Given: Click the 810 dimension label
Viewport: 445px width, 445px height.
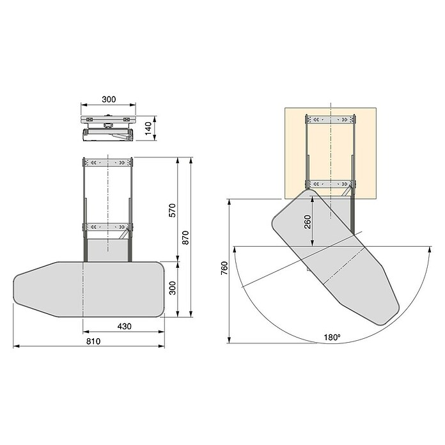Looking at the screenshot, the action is click(93, 341).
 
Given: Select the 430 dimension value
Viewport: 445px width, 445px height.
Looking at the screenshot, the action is click(124, 326).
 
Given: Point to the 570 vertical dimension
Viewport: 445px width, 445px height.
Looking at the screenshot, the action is click(172, 210).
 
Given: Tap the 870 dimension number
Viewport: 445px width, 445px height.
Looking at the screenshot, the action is click(185, 238).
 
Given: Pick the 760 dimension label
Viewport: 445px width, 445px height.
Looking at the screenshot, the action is click(224, 268).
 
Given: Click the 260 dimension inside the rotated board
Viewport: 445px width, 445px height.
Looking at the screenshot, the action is click(308, 222).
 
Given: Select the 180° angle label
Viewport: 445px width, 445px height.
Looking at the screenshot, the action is click(332, 338).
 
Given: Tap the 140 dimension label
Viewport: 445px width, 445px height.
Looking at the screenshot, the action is click(148, 129).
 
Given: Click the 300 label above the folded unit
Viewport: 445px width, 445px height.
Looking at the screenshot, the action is click(109, 99).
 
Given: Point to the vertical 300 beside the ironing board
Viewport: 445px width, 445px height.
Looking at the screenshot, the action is click(172, 288).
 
